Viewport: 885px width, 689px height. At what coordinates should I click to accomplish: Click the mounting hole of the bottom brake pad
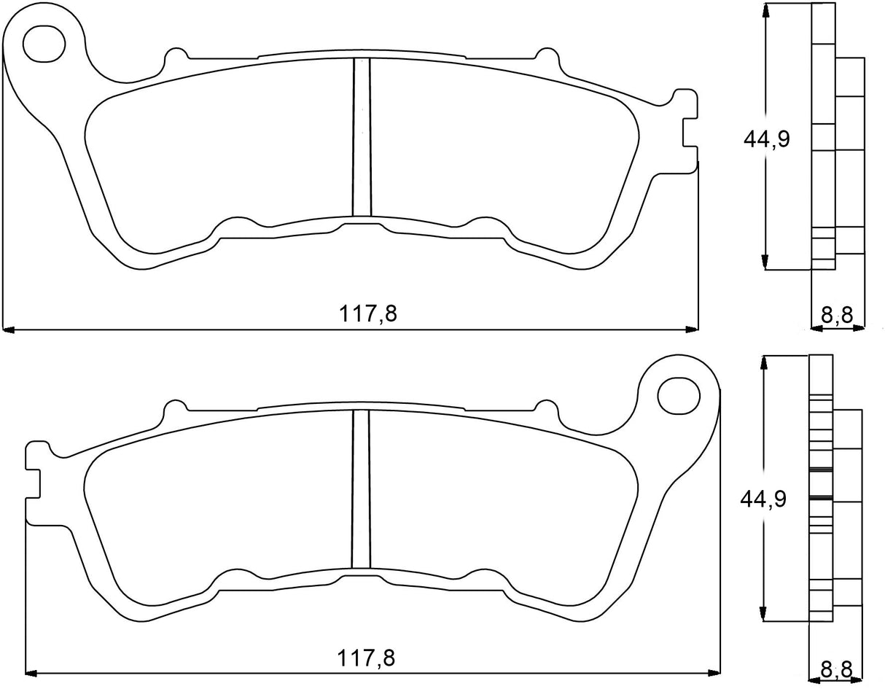[x=677, y=395]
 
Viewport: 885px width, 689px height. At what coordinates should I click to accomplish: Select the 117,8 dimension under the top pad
[x=367, y=314]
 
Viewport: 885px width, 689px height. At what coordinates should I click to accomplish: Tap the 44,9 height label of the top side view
[x=766, y=139]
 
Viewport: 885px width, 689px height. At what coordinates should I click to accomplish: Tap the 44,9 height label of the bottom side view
[x=763, y=499]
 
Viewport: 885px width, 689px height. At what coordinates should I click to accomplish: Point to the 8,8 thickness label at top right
[x=837, y=316]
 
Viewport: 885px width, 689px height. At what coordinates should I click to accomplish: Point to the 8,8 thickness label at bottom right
[x=836, y=668]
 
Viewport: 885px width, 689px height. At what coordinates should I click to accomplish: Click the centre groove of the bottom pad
[x=361, y=488]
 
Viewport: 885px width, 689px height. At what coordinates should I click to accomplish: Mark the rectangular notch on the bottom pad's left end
[x=33, y=483]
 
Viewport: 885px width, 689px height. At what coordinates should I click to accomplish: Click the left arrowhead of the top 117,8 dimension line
[x=9, y=330]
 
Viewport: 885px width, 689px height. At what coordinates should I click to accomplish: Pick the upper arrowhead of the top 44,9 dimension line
[x=765, y=9]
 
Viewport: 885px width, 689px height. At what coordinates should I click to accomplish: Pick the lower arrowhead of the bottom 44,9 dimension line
[x=763, y=616]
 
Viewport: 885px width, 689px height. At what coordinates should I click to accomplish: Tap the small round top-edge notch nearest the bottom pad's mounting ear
[x=543, y=405]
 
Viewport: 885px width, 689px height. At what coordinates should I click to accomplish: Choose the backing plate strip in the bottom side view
[x=819, y=488]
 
